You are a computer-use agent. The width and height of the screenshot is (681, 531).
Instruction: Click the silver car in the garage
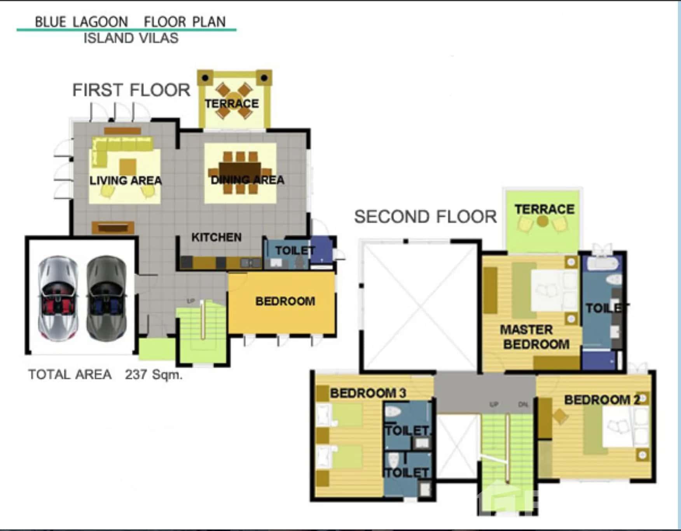click(x=58, y=298)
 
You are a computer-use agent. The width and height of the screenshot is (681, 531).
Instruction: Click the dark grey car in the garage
click(x=107, y=298)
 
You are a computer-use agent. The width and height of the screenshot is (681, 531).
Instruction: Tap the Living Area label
click(x=126, y=181)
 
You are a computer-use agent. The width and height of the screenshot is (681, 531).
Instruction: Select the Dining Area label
click(x=248, y=180)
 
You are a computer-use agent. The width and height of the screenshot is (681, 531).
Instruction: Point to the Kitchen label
click(x=217, y=237)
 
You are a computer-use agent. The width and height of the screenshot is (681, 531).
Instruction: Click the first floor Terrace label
click(x=232, y=103)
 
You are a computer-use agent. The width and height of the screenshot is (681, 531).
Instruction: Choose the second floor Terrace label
click(x=545, y=209)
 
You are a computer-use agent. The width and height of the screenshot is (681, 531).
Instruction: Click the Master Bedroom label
click(x=535, y=337)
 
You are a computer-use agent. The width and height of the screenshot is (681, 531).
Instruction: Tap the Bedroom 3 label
click(x=368, y=393)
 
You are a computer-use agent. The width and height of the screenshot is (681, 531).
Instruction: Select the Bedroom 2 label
click(x=602, y=400)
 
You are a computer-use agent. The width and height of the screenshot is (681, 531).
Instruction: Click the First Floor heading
click(x=131, y=90)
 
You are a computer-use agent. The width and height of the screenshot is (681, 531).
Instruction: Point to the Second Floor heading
click(x=426, y=217)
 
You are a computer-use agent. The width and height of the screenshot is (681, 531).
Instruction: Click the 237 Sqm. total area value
click(x=154, y=374)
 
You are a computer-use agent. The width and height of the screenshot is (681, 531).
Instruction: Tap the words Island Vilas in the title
click(x=131, y=38)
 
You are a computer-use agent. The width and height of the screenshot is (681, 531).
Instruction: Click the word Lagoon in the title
click(x=100, y=22)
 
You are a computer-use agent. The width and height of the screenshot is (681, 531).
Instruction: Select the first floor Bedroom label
click(x=285, y=301)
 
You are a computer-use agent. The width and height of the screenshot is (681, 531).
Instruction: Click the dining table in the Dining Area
click(x=240, y=173)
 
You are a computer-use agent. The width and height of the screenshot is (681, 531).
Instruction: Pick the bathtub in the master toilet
click(x=602, y=264)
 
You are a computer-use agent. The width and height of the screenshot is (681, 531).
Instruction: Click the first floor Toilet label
click(x=295, y=251)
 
